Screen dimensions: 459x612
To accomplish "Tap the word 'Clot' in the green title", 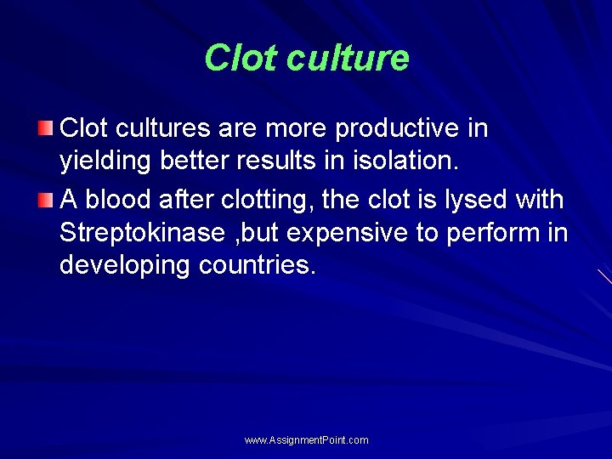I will pos(241,59).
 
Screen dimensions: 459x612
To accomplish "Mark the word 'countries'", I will pos(258,265).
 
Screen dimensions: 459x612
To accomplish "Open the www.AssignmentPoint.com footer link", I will pos(306,440).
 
